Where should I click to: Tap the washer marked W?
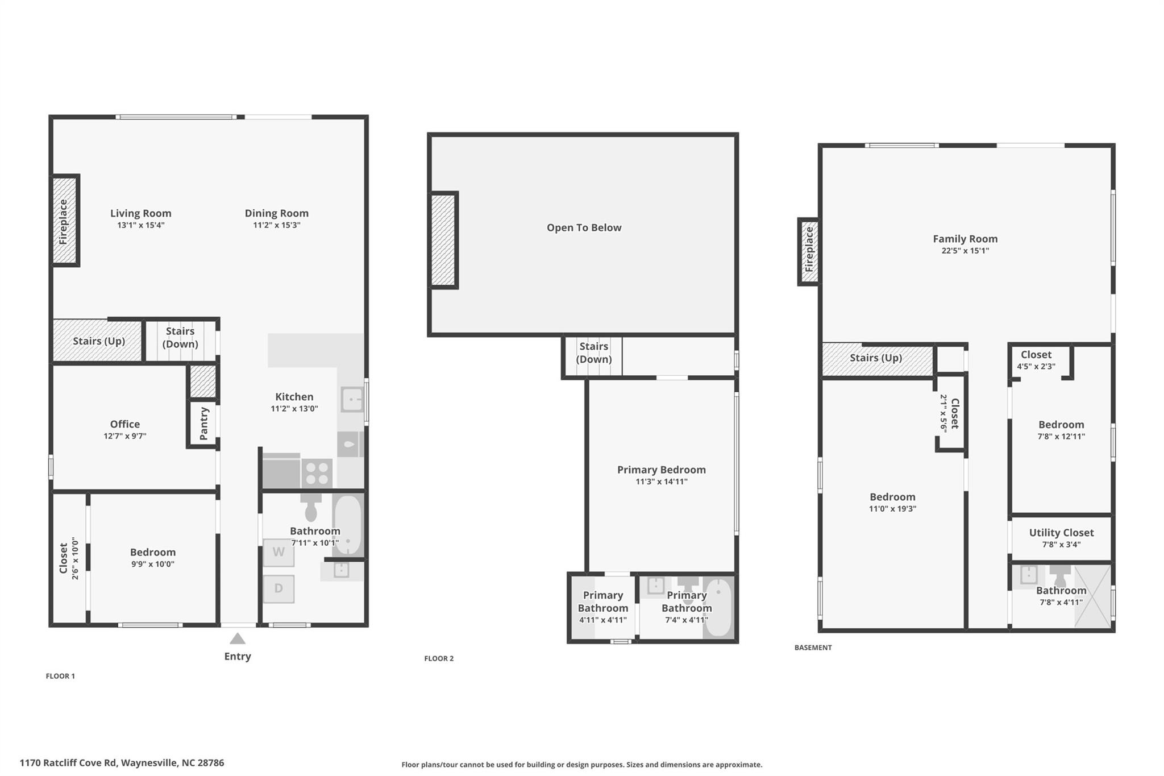click(x=278, y=552)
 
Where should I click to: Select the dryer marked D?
click(x=278, y=588)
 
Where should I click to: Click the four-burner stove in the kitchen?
click(x=317, y=473)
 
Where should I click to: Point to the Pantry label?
click(x=204, y=424)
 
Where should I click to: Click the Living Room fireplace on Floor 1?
click(x=65, y=221)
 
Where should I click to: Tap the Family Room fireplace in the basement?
click(x=809, y=251)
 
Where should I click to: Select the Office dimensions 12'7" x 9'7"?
click(x=125, y=436)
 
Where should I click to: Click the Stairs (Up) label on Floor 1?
click(x=99, y=341)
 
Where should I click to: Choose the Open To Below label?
click(x=584, y=227)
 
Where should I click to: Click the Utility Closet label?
click(x=1061, y=533)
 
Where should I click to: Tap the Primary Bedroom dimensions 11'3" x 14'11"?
click(x=662, y=482)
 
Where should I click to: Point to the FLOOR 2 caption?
click(x=439, y=658)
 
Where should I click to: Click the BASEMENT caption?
click(x=813, y=648)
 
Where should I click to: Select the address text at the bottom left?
click(x=122, y=763)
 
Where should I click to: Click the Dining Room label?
click(x=277, y=213)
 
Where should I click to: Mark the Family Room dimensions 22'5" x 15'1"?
click(x=965, y=251)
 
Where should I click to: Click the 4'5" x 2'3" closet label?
click(x=1036, y=367)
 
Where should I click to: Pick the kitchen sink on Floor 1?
click(x=352, y=399)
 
